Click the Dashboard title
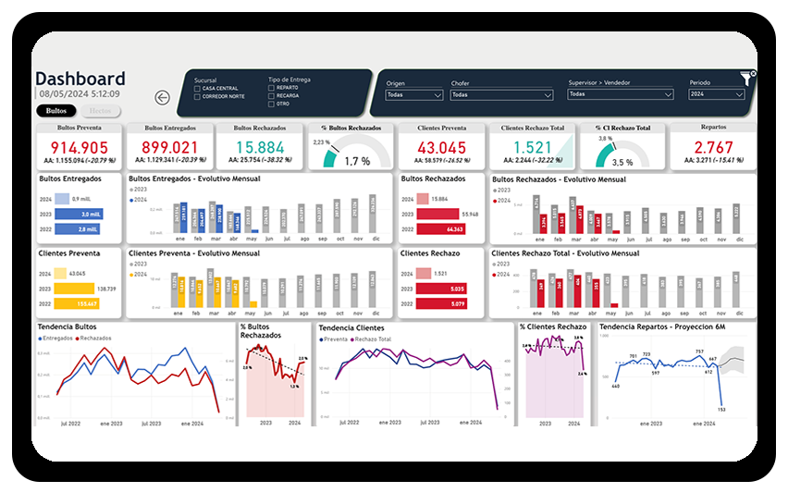tap(80, 80)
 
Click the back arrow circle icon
tap(164, 97)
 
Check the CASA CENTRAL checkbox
tap(198, 88)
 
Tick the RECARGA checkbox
tap(271, 95)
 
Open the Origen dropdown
tap(414, 94)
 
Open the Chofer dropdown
tap(501, 94)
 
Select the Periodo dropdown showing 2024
tap(717, 94)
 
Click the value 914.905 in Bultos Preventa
tap(80, 147)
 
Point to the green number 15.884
tap(260, 147)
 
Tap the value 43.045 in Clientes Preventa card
tap(441, 147)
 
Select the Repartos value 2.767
tap(713, 147)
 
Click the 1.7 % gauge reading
tap(357, 161)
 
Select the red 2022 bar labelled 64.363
tap(442, 228)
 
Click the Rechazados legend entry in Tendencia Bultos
tap(94, 339)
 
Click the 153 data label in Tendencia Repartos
tap(720, 409)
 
